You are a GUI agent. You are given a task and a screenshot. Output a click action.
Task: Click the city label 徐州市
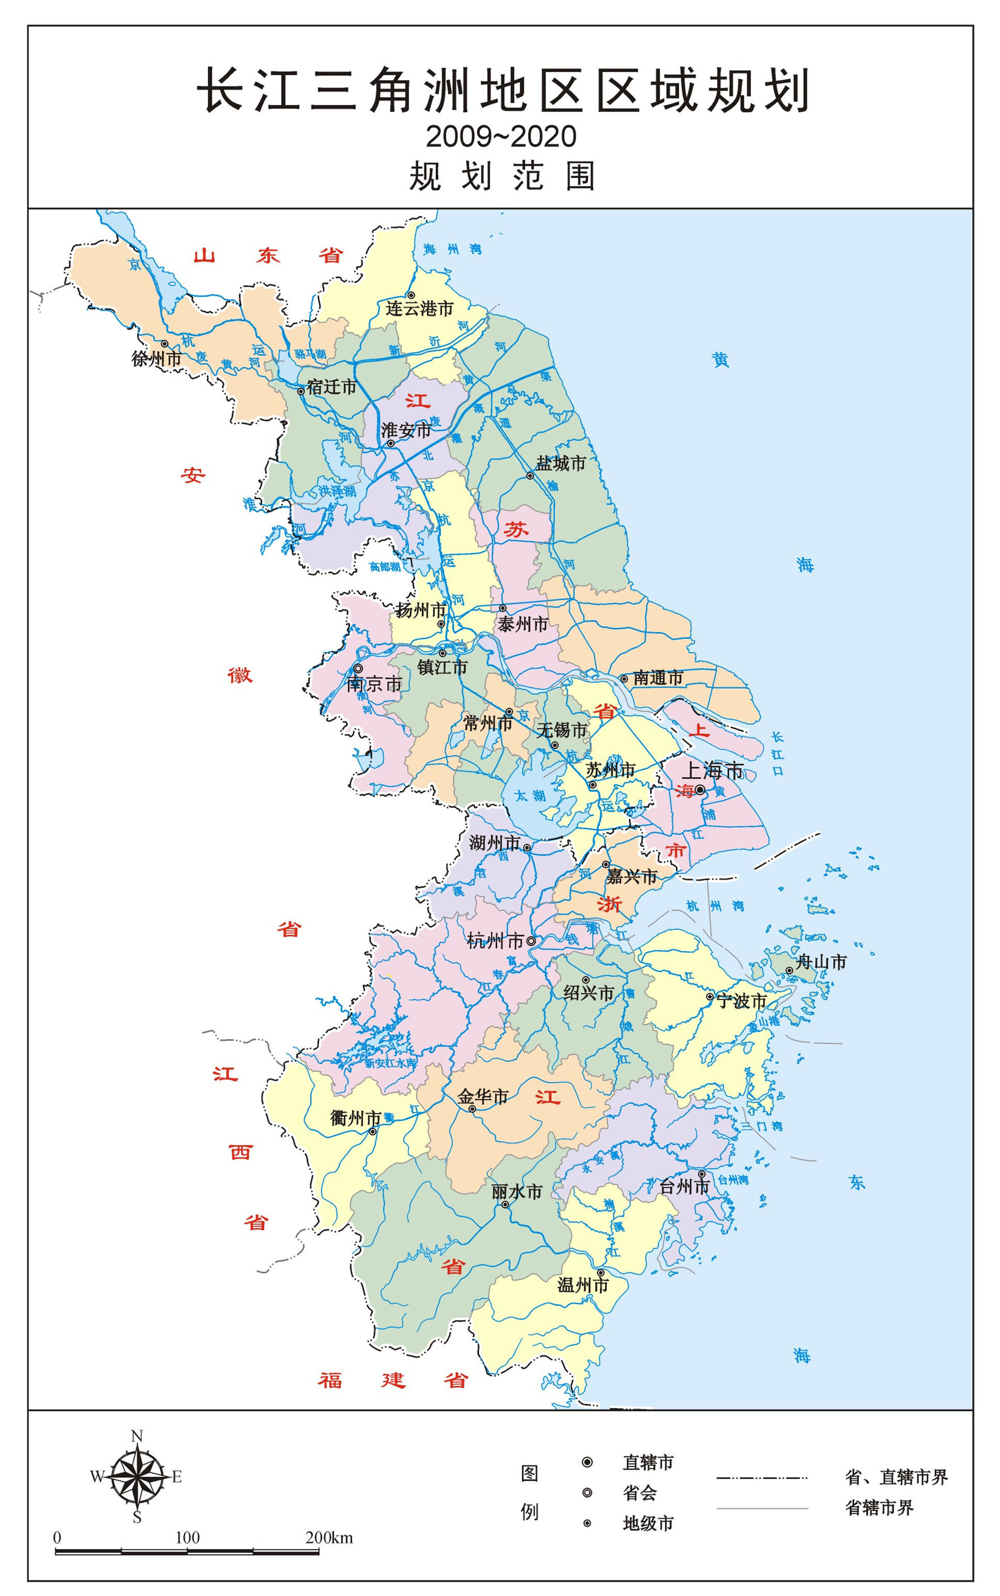[156, 359]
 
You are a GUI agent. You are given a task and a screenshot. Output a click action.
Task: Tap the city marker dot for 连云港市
[411, 295]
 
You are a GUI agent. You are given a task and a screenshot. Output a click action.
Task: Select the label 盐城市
[560, 463]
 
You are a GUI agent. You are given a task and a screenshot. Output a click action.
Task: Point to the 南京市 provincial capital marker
[358, 669]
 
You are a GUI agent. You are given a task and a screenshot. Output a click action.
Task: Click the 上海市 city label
[712, 770]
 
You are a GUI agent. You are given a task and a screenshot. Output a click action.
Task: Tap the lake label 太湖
[530, 796]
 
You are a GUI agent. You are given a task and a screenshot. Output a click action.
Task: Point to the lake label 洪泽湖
[337, 491]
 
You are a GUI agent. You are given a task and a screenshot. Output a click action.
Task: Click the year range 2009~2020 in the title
[501, 136]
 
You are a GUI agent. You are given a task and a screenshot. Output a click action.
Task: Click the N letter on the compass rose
[137, 1436]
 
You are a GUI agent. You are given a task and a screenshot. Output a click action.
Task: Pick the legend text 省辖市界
[879, 1508]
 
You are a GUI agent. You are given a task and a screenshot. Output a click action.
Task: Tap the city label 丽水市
[517, 1191]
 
